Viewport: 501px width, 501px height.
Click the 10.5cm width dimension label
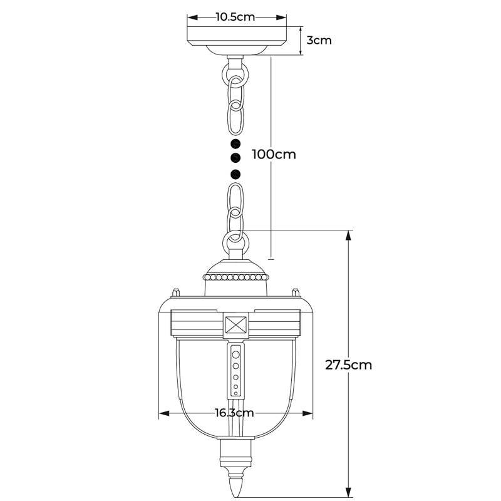(235, 17)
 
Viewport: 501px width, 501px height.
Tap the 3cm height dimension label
(319, 40)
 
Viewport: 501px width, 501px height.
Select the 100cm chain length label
(274, 154)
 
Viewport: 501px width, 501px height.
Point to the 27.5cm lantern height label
(349, 365)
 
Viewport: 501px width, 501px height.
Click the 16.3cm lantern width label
(234, 413)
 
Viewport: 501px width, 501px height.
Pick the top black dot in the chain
(235, 144)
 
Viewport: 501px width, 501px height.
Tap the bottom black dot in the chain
(235, 175)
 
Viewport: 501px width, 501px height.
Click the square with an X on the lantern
(236, 325)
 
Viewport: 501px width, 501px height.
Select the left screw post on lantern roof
(176, 292)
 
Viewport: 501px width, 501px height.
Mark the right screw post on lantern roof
(296, 292)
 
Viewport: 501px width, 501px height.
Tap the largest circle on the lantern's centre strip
(236, 354)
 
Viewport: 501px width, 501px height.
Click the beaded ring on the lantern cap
(236, 277)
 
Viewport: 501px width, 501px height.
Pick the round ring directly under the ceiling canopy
(235, 75)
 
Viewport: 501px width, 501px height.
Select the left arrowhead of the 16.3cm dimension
(164, 413)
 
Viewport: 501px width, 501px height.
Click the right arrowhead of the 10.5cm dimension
(281, 18)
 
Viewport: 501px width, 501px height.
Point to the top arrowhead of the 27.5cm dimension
(349, 235)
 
